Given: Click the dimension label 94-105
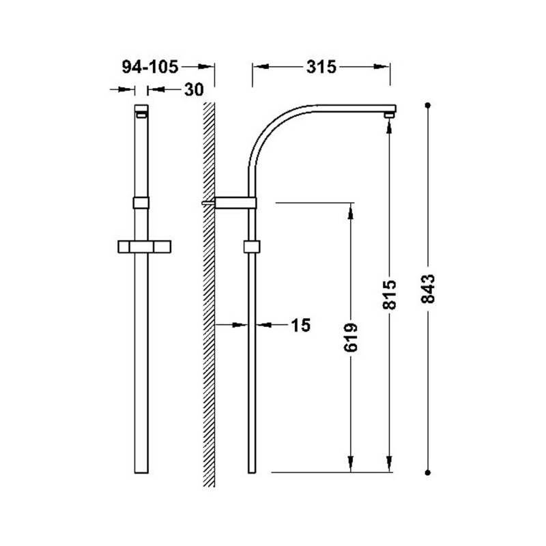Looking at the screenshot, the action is pyautogui.click(x=149, y=66).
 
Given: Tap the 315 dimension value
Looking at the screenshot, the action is pyautogui.click(x=321, y=67).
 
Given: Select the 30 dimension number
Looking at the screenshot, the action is pyautogui.click(x=194, y=90).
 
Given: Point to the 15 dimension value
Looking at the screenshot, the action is pyautogui.click(x=300, y=326).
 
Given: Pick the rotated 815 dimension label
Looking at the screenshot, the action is pyautogui.click(x=389, y=294).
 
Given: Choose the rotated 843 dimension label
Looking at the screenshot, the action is pyautogui.click(x=428, y=289).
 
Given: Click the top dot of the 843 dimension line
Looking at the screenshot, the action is pyautogui.click(x=428, y=105).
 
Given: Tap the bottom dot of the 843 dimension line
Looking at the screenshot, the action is pyautogui.click(x=428, y=472).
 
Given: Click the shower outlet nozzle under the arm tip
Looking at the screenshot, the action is pyautogui.click(x=389, y=115).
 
